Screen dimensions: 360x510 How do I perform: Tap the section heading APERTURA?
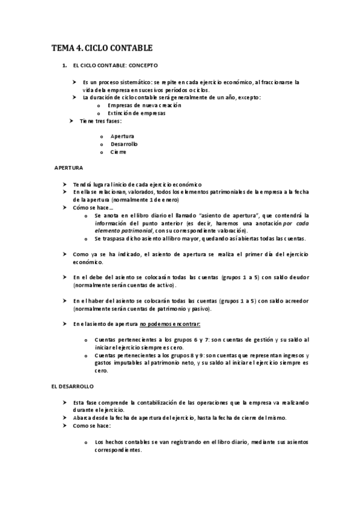pyautogui.click(x=69, y=167)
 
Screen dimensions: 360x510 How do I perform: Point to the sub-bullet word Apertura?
pyautogui.click(x=122, y=136)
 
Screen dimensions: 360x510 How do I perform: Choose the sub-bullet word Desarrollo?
pyautogui.click(x=124, y=144)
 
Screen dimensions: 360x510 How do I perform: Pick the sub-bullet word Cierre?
pyautogui.click(x=118, y=152)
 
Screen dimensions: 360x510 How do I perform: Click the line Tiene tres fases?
pyautogui.click(x=100, y=120)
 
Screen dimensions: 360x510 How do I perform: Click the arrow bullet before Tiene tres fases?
pyautogui.click(x=73, y=120)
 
